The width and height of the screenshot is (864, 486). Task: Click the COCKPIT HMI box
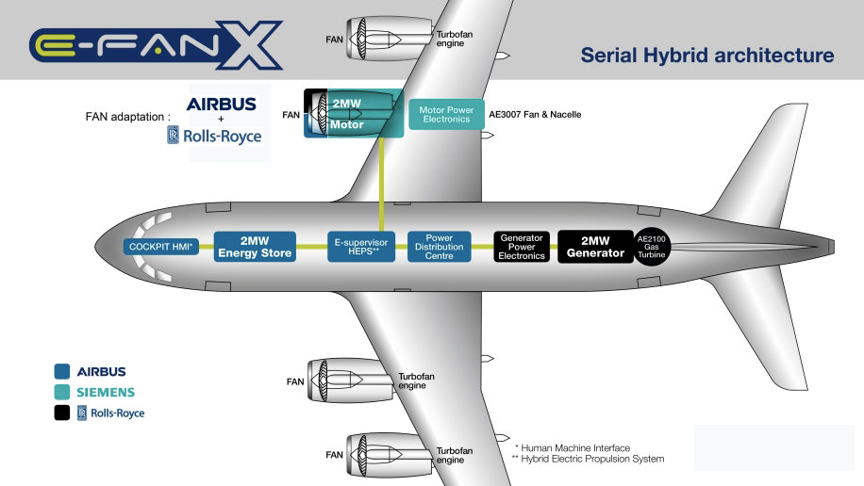click(x=160, y=247)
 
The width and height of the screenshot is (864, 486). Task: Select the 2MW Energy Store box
click(x=255, y=246)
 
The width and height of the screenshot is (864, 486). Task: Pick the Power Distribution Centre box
click(x=440, y=246)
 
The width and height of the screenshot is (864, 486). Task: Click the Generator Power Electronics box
click(x=522, y=246)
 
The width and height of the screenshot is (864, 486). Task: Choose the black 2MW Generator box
click(x=595, y=246)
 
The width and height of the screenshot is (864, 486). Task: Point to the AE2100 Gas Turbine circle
click(x=653, y=246)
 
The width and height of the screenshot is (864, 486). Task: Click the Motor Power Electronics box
click(x=447, y=115)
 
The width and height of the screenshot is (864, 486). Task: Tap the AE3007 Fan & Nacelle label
click(x=535, y=115)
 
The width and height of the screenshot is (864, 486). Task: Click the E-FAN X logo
click(x=156, y=45)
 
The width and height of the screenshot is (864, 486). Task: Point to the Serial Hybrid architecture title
click(x=707, y=56)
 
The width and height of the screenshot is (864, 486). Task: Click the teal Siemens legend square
click(x=62, y=392)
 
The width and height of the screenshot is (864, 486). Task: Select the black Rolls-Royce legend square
click(x=62, y=413)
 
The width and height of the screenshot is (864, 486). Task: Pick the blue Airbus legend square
click(x=62, y=371)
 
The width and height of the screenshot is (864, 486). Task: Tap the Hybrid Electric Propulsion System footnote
click(x=587, y=459)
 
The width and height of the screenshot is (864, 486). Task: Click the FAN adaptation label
click(x=126, y=118)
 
